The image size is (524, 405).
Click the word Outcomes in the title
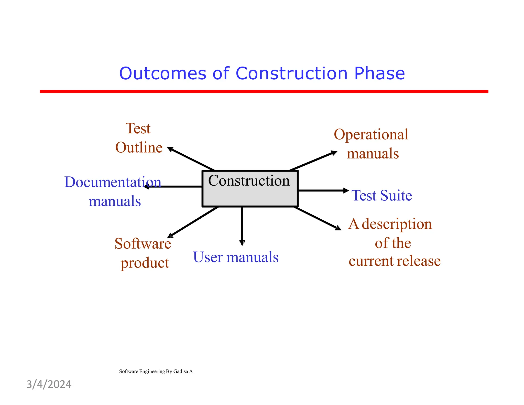tap(163, 73)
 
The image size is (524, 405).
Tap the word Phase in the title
tap(379, 73)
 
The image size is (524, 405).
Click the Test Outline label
tap(139, 138)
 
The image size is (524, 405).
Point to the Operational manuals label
tap(372, 144)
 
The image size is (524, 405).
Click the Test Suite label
tap(382, 196)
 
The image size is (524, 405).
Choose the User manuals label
tap(235, 257)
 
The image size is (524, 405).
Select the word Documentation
tap(113, 182)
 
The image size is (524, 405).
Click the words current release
tap(395, 261)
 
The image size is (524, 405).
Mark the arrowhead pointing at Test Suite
tap(346, 190)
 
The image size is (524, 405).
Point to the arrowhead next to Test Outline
tap(170, 149)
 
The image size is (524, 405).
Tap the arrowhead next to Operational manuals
tap(334, 153)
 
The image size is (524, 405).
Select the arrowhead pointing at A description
tap(338, 228)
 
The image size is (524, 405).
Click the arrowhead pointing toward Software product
tap(170, 236)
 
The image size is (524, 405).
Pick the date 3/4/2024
tap(49, 385)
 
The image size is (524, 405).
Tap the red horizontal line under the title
tap(264, 91)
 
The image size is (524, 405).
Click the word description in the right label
tap(397, 224)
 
